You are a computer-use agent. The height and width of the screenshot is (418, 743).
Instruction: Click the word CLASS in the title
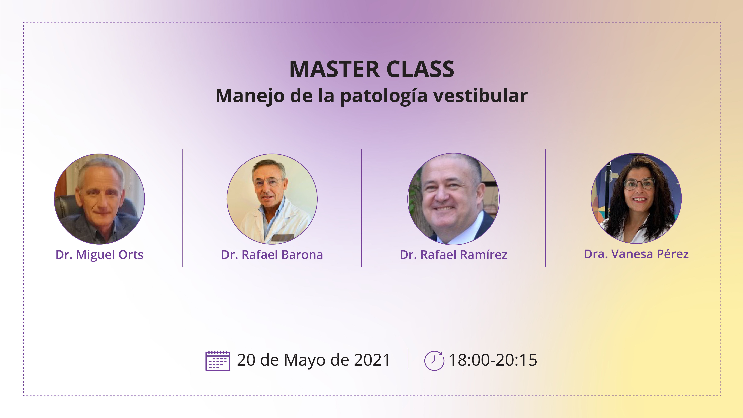pyautogui.click(x=420, y=70)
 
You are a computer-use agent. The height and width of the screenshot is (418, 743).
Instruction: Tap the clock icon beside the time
pyautogui.click(x=434, y=361)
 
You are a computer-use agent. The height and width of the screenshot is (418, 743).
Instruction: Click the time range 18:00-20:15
pyautogui.click(x=493, y=360)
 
